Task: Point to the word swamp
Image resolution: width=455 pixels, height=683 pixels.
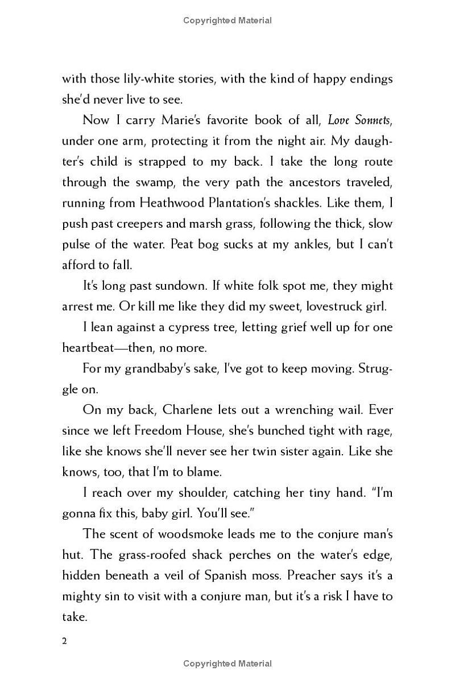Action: pyautogui.click(x=132, y=182)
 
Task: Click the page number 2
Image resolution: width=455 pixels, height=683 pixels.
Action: pyautogui.click(x=64, y=641)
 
